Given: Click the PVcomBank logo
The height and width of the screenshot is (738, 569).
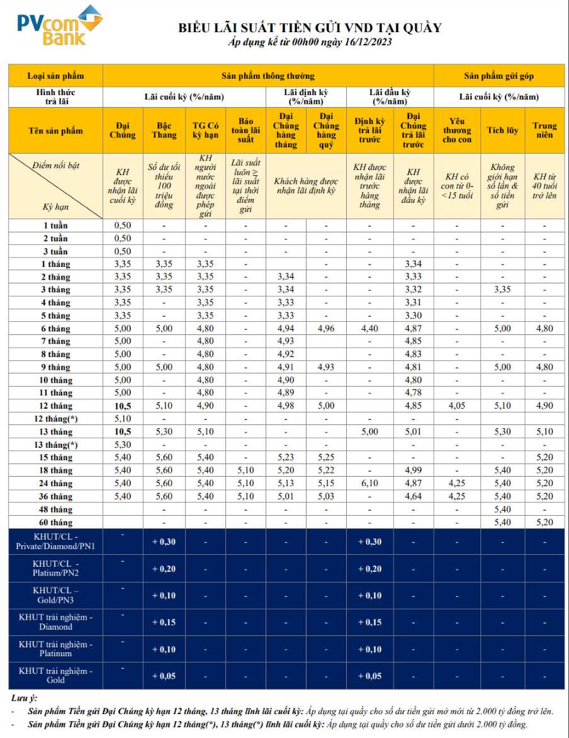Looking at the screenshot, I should point(59,25).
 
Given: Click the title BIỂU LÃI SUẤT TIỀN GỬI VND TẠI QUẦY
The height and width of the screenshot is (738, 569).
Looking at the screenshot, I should point(310,28).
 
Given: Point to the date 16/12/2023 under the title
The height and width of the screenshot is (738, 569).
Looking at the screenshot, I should point(364,42).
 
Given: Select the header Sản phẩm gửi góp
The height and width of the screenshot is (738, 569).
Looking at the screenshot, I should point(499,76).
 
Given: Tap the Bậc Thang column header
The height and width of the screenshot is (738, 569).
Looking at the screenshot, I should point(164,130).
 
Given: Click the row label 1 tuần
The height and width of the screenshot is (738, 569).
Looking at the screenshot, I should point(57,225).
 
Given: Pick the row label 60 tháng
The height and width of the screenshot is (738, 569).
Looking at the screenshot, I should point(57,522).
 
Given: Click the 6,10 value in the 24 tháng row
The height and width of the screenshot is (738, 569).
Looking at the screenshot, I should point(369,484).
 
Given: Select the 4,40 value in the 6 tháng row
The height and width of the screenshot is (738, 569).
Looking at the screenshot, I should point(369,329).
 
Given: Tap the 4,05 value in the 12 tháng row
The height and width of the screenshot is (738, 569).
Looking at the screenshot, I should point(457,406).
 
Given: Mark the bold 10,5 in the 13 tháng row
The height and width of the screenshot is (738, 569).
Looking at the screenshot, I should point(123,432).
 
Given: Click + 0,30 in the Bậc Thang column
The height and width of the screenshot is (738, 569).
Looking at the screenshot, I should point(164,542).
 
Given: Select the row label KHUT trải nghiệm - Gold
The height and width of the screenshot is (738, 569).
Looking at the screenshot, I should point(55,676).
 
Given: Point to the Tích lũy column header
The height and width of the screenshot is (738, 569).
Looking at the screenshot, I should point(502,130).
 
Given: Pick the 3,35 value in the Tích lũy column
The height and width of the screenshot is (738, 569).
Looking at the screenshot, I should point(502,290).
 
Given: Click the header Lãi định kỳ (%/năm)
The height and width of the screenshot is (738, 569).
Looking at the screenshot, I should point(306,96).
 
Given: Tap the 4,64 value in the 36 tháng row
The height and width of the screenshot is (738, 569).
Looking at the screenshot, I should point(414,496).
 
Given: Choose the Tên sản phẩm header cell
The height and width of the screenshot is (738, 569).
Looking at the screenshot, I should point(55,130).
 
